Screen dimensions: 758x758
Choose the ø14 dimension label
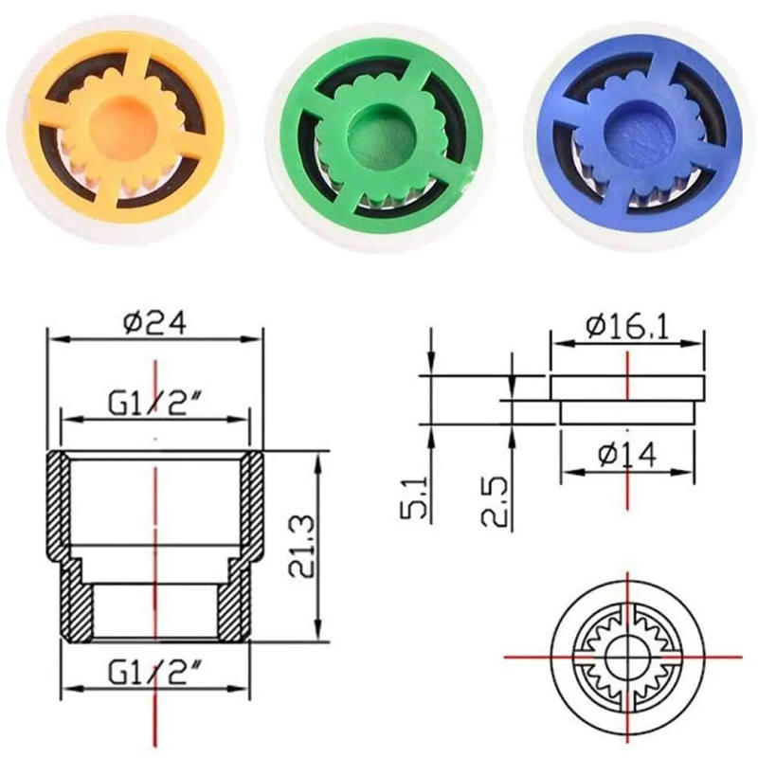click(627, 454)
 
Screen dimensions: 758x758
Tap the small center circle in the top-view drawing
click(625, 654)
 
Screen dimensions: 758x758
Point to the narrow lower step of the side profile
click(627, 411)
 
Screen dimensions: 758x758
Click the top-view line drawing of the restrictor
click(625, 654)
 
